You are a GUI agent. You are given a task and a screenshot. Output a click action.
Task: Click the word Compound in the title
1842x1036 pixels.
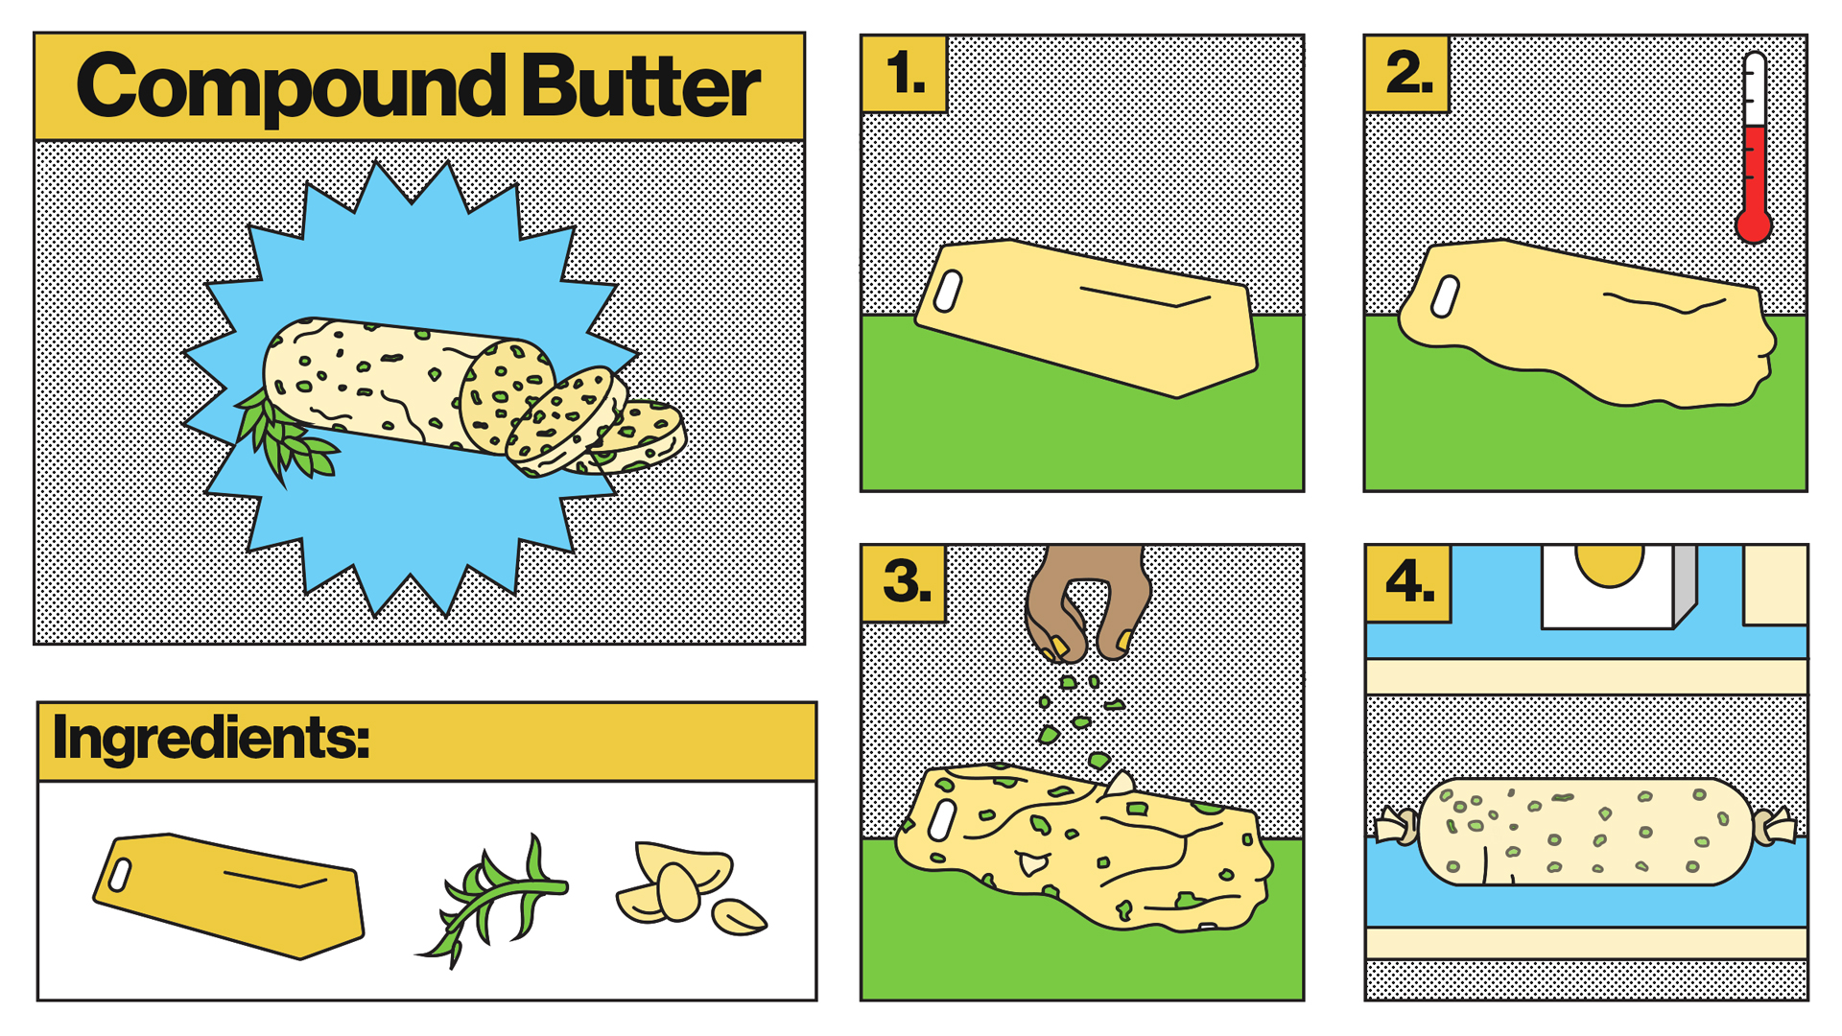tap(290, 87)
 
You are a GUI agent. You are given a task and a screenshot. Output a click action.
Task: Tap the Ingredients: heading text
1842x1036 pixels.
tap(211, 739)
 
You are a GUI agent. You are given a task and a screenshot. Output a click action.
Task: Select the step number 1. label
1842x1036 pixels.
tap(906, 74)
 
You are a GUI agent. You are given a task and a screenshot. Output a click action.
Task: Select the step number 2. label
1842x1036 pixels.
tap(1408, 74)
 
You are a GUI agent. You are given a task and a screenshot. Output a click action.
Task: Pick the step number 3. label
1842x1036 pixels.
tap(907, 582)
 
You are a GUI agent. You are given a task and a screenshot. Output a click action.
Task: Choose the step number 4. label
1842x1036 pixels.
tap(1409, 582)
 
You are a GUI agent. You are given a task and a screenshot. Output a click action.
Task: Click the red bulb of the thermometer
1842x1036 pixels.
tap(1754, 226)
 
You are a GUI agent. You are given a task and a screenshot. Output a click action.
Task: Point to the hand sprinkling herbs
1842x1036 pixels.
tap(1088, 604)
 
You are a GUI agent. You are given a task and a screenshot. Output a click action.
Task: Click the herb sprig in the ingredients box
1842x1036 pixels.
tap(491, 900)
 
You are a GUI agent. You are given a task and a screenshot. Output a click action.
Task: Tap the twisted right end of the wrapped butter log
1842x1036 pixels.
tap(1775, 826)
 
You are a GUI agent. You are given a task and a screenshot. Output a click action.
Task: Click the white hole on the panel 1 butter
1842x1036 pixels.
tap(948, 291)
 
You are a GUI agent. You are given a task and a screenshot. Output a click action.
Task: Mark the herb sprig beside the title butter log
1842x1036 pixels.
tap(284, 437)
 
